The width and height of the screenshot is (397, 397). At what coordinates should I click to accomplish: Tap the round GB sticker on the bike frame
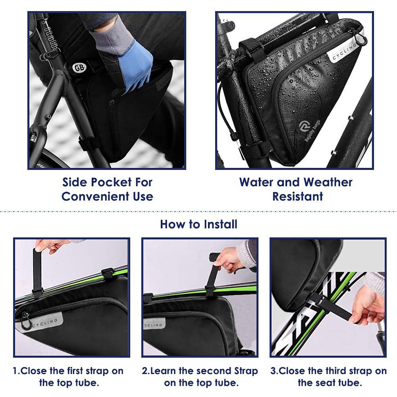(79, 67)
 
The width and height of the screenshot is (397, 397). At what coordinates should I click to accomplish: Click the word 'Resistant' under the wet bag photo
(298, 196)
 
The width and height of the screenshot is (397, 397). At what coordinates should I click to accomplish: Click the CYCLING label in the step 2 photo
(155, 323)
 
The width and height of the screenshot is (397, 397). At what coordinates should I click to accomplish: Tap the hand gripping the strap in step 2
(229, 259)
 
